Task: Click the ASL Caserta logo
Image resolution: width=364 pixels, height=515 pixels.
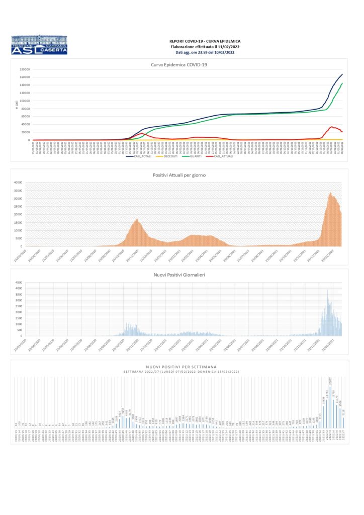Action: (x=39, y=45)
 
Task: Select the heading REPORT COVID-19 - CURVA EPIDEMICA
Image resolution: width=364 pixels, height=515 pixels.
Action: (x=205, y=41)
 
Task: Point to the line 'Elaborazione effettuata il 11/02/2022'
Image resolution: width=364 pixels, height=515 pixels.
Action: (x=205, y=46)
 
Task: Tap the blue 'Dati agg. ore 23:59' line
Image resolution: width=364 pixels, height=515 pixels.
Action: (x=205, y=52)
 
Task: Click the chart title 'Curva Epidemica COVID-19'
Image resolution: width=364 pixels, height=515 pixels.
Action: (x=179, y=64)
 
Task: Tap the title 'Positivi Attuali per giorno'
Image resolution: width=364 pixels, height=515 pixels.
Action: (x=179, y=175)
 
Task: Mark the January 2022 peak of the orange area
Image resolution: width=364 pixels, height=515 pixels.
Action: (x=330, y=193)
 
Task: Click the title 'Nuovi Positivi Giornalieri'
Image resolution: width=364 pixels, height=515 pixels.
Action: (x=179, y=275)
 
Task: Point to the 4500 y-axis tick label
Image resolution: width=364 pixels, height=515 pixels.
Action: (x=19, y=283)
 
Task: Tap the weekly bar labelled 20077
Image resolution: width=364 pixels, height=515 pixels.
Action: (x=331, y=407)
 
